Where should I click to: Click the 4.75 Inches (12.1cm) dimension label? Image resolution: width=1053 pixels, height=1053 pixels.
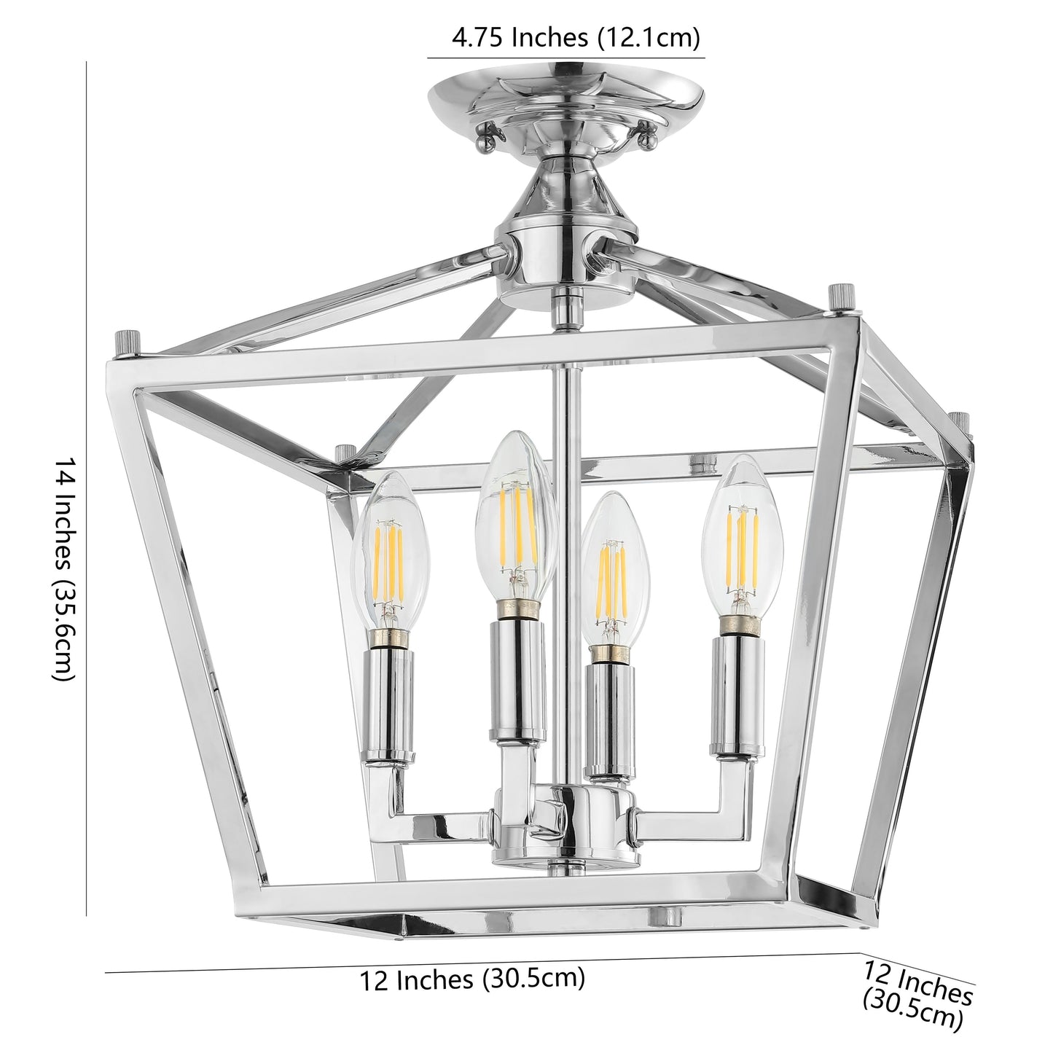(x=565, y=37)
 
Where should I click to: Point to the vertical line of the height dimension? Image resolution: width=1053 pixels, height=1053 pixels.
(x=87, y=488)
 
